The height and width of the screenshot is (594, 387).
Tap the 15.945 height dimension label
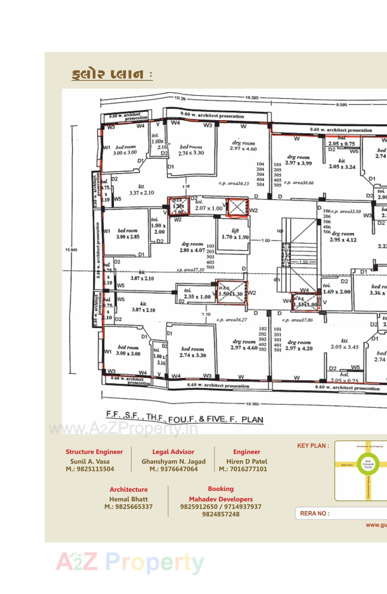coord(71,250)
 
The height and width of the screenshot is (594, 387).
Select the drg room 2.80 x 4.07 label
coord(192,247)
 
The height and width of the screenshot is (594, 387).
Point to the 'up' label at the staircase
coord(280,231)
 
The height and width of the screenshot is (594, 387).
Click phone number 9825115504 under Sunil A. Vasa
coord(90,469)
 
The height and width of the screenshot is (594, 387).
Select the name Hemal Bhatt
coord(128,499)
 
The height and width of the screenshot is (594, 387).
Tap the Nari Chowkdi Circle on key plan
coord(368,464)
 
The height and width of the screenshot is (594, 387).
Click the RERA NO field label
coord(315,513)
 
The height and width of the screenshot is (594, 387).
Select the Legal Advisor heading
coord(173,452)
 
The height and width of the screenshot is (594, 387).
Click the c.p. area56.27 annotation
coord(232,320)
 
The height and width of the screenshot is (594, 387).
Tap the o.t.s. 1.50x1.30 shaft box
coord(231,293)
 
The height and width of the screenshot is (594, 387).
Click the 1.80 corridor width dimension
coord(266,240)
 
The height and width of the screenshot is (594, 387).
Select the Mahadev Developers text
coord(221,499)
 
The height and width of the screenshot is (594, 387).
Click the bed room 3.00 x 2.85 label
coord(128,234)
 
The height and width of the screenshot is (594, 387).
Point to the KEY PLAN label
coord(313,446)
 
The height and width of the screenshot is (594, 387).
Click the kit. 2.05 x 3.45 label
coord(344,344)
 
